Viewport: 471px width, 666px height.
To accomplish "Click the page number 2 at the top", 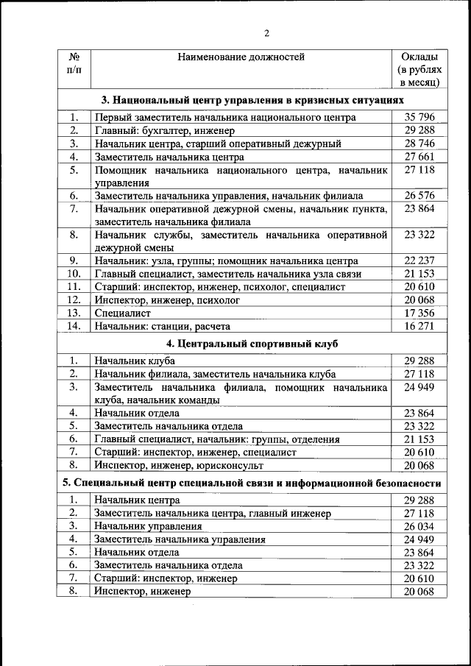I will (267, 32).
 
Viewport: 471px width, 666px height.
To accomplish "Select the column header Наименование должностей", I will (240, 57).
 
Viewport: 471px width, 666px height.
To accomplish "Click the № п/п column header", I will (74, 63).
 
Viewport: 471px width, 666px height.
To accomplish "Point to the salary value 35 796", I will (419, 117).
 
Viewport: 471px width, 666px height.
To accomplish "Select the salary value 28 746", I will (419, 144).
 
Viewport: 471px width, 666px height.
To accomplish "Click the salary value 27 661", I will (419, 157).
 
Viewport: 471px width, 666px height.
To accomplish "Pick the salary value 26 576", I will (419, 196).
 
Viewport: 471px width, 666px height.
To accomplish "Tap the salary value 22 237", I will (419, 261).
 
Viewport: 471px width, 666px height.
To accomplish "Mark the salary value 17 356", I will (419, 313).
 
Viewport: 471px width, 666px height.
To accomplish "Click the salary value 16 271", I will (419, 326).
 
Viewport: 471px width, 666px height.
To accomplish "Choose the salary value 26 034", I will (419, 526).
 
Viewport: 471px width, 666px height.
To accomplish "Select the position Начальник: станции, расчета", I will (162, 326).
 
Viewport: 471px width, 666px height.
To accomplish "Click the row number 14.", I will (74, 326).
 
